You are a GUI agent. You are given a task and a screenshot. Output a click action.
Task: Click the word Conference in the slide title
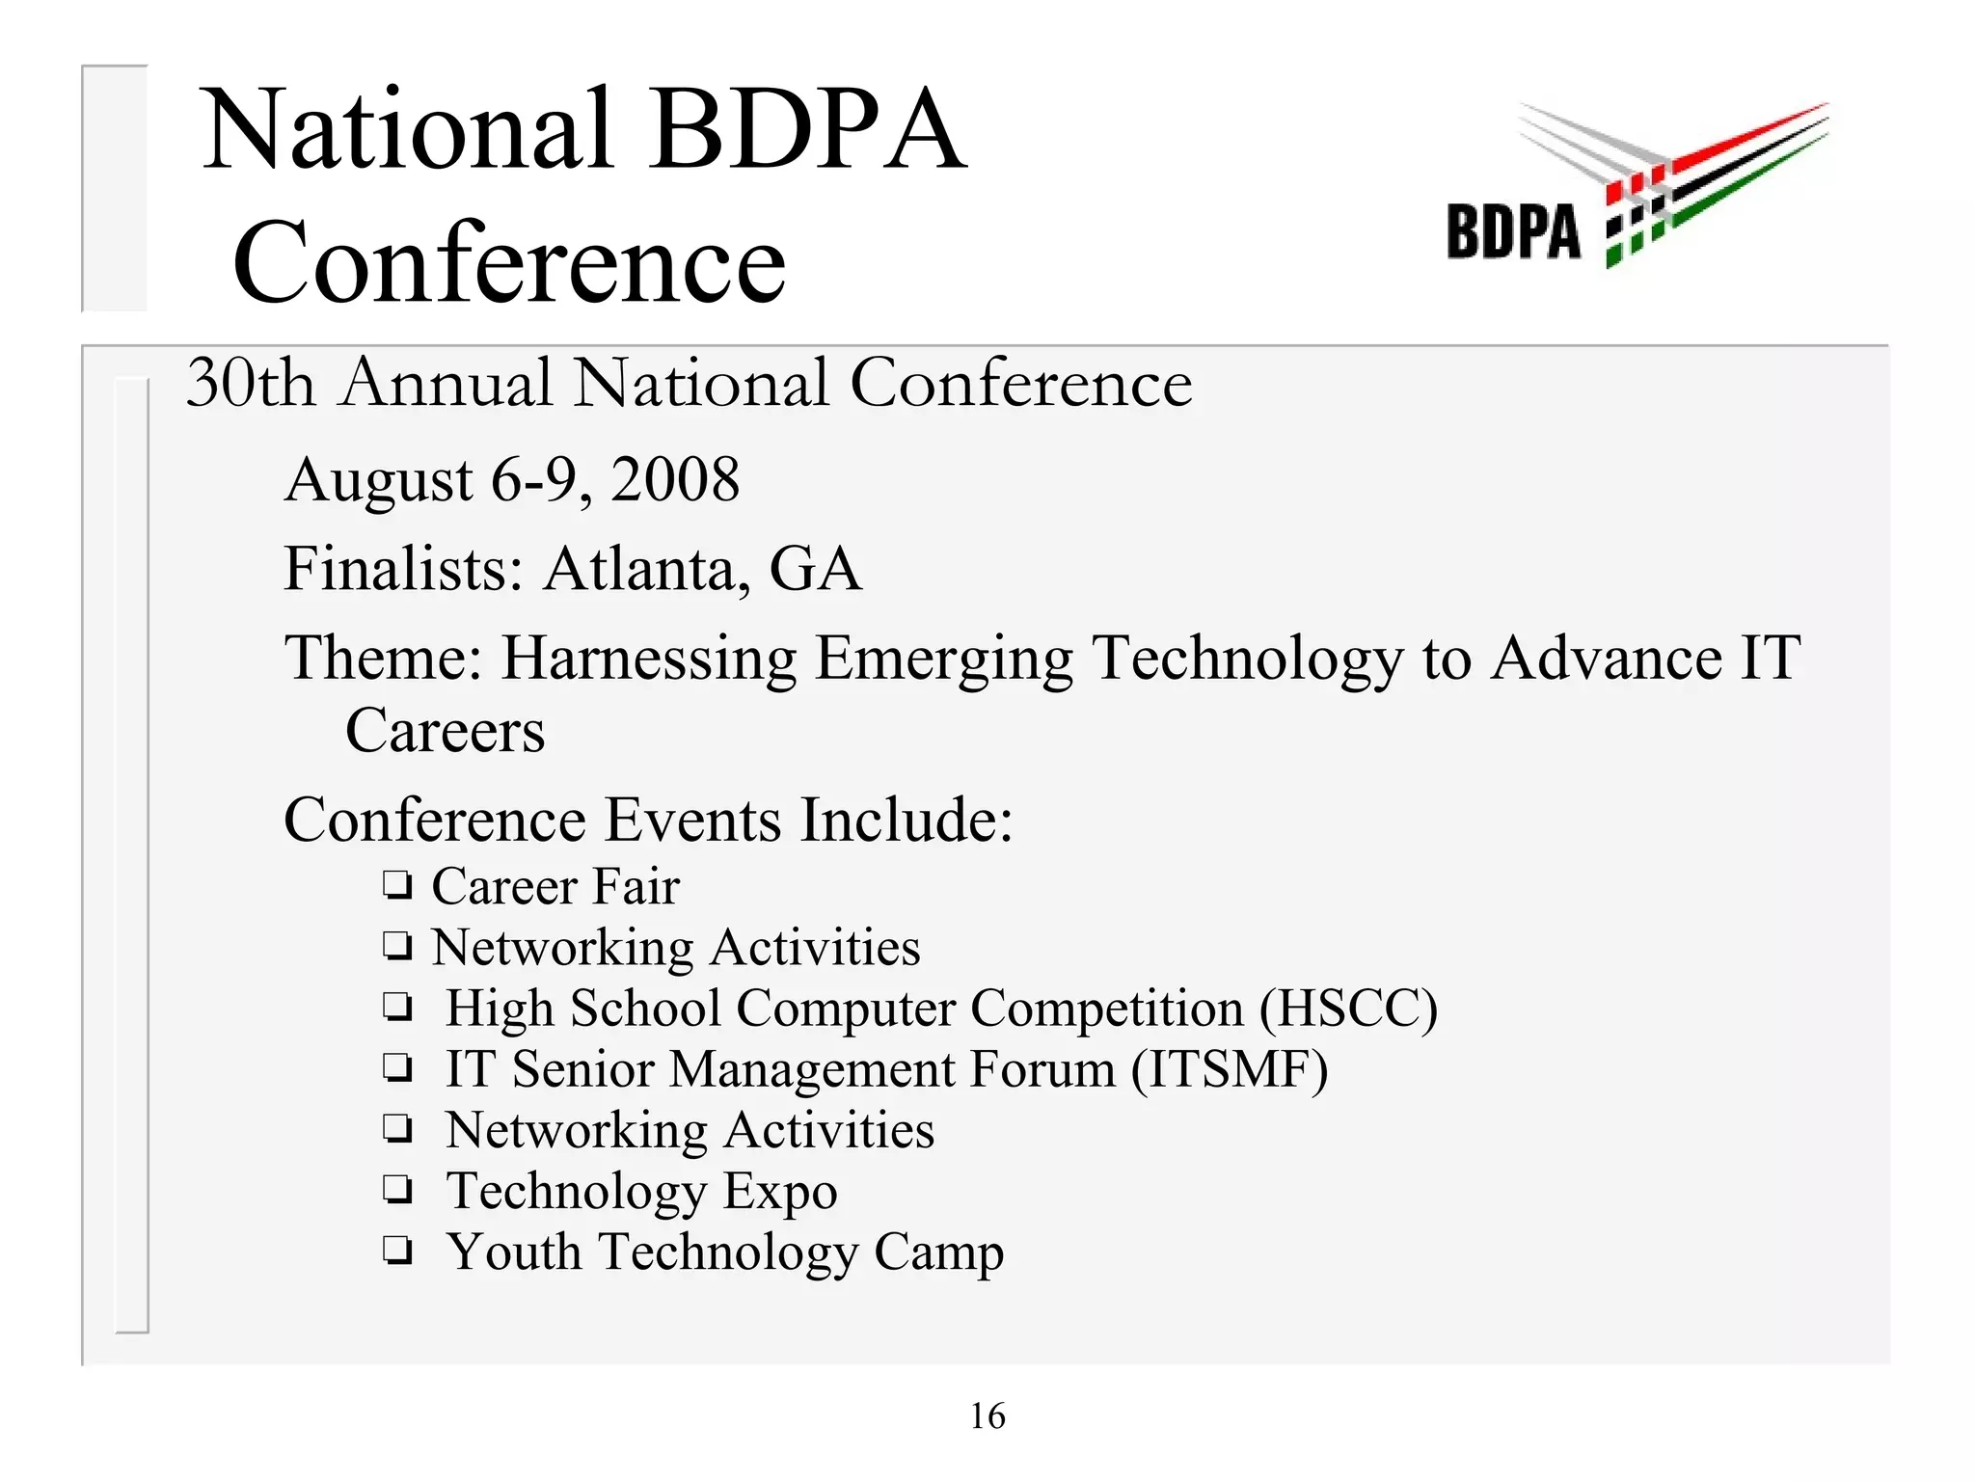(x=509, y=262)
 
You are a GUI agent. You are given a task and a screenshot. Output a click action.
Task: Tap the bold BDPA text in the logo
(x=1513, y=232)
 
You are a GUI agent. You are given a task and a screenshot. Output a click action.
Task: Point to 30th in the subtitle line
(x=251, y=383)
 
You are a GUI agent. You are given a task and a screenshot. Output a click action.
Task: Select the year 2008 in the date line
(x=675, y=479)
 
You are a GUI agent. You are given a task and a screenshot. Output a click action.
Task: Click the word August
(x=379, y=481)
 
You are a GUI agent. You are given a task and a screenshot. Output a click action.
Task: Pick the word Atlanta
(x=647, y=569)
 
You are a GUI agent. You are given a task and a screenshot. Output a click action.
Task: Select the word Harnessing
(x=649, y=660)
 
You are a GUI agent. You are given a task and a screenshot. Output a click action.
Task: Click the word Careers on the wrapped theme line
(x=445, y=731)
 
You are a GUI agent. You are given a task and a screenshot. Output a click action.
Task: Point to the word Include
(x=906, y=821)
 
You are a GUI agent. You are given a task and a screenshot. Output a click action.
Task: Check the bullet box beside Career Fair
(x=397, y=886)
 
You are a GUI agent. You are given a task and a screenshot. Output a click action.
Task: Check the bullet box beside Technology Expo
(x=397, y=1191)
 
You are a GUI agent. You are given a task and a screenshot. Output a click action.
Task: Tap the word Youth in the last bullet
(x=514, y=1252)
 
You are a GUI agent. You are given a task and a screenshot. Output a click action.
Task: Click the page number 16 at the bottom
(x=987, y=1416)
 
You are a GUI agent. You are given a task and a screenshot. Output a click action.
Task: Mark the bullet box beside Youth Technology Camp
(x=397, y=1252)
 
